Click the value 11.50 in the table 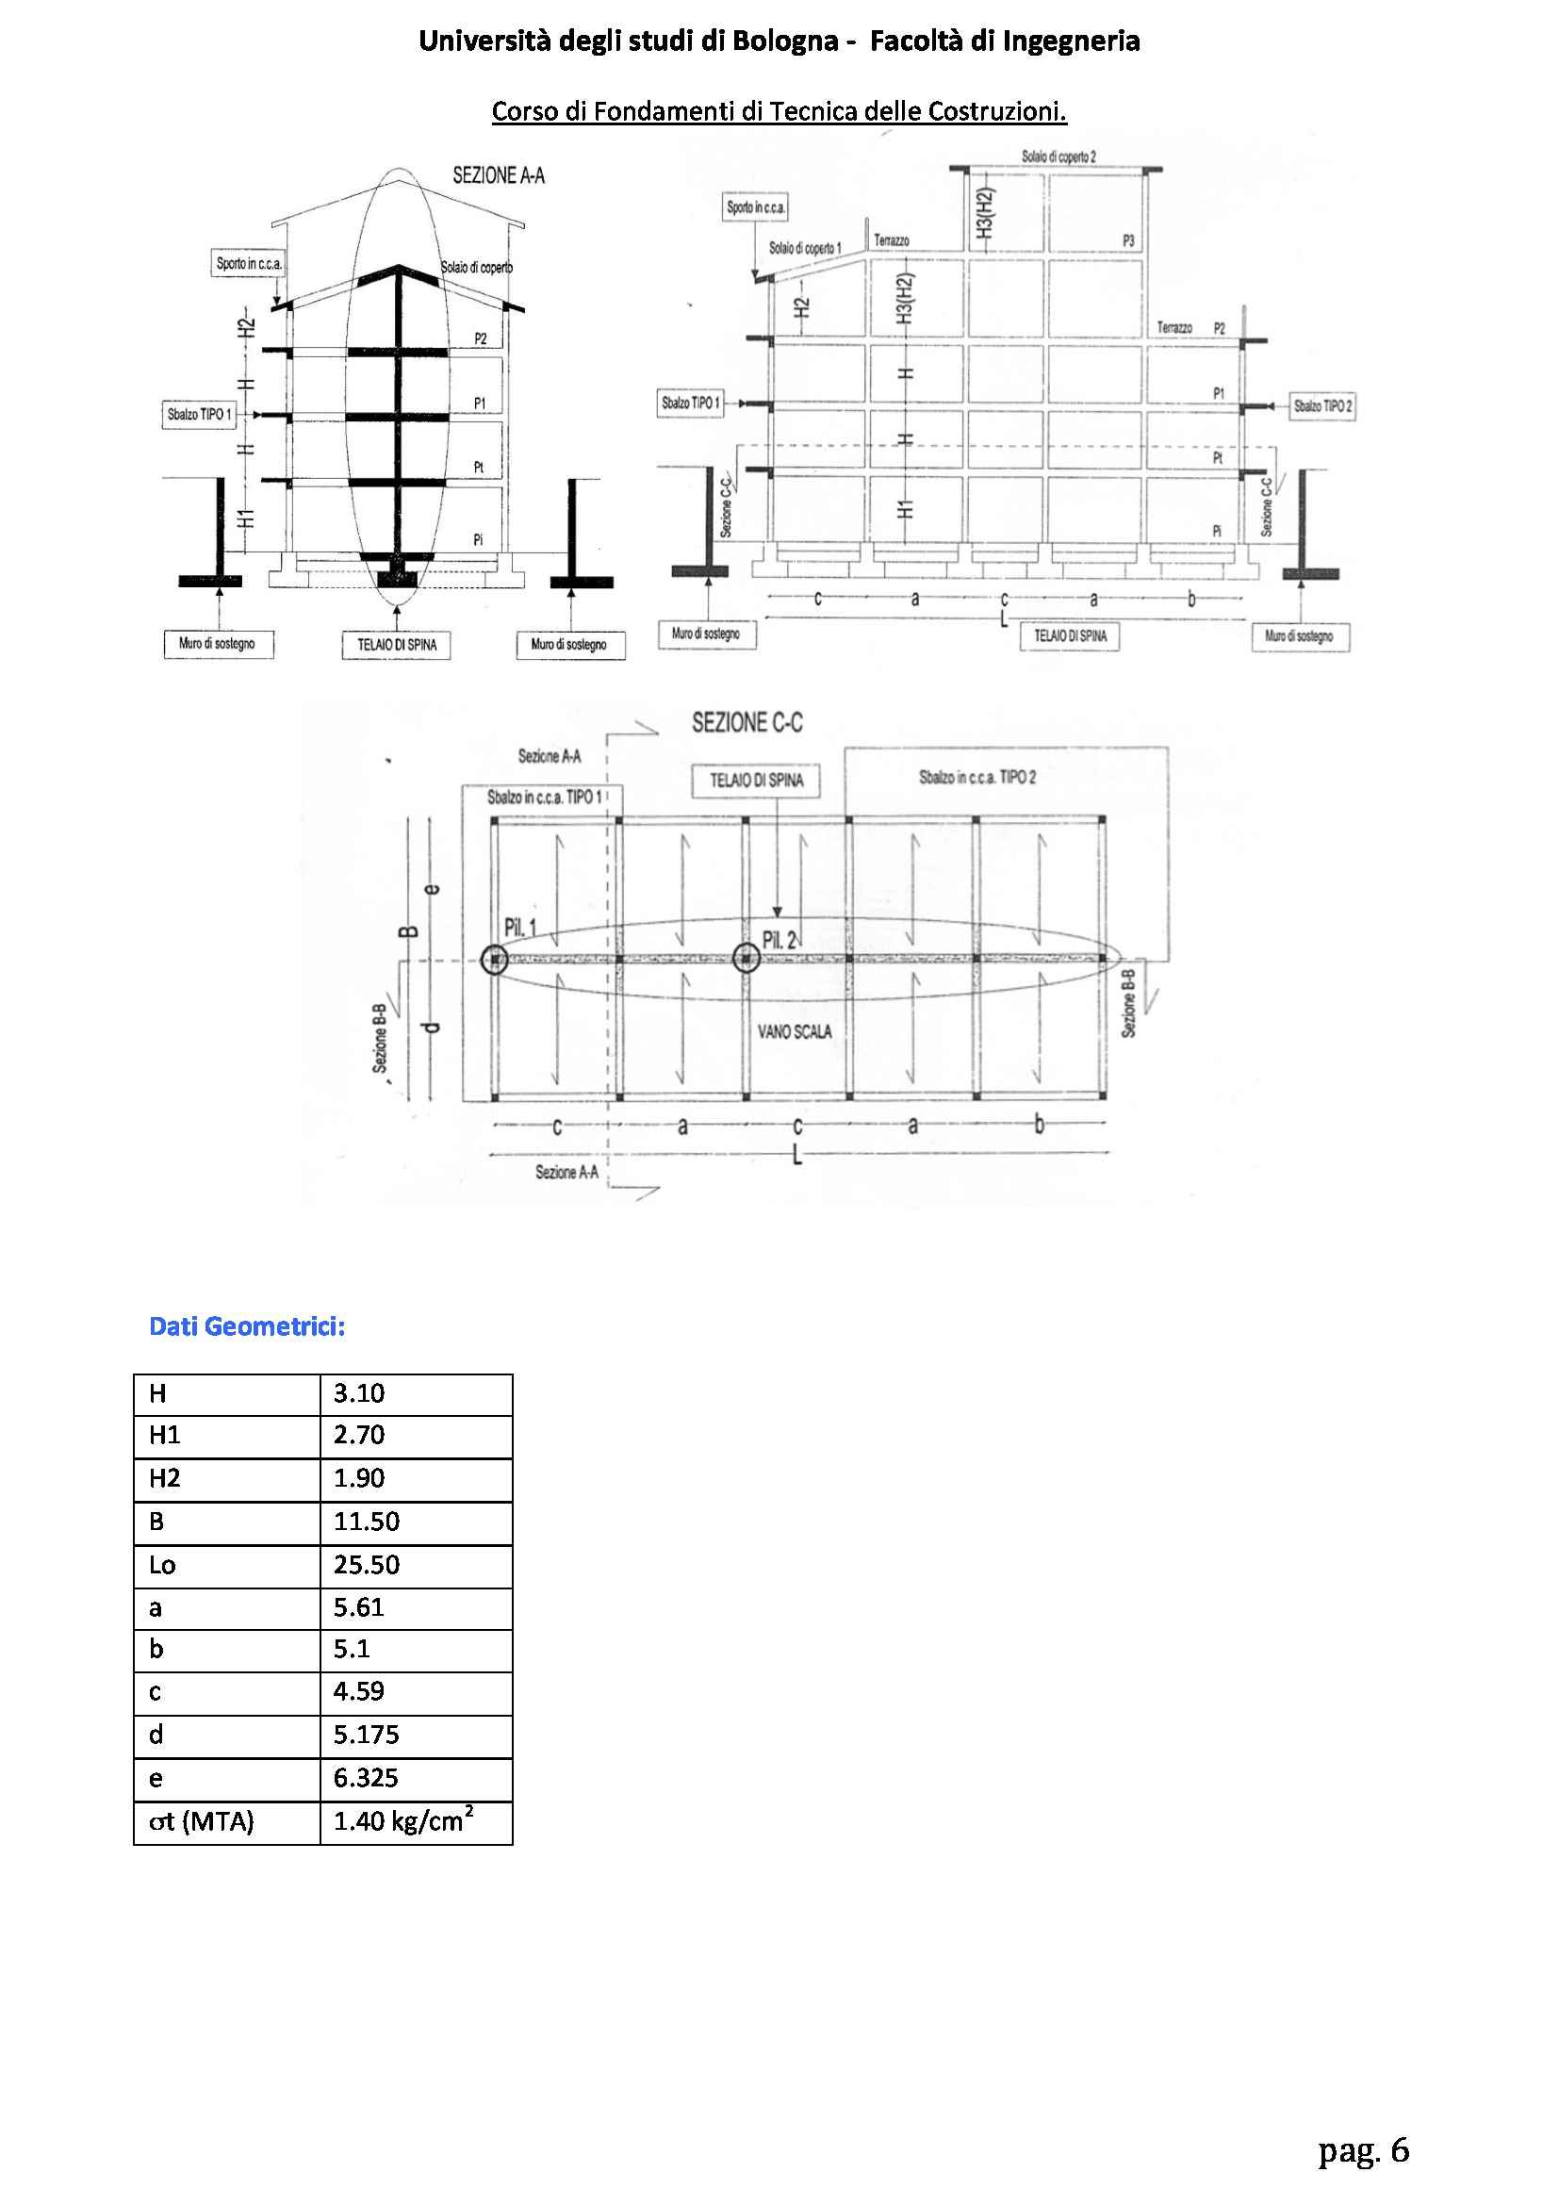click(x=366, y=1522)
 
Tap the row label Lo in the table click(x=162, y=1565)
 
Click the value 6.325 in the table click(x=366, y=1778)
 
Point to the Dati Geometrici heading click(x=247, y=1326)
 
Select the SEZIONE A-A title click(x=499, y=175)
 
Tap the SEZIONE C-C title click(x=747, y=722)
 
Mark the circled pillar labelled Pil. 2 click(x=747, y=958)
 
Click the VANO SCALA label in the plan click(x=795, y=1031)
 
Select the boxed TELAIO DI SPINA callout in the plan click(x=757, y=781)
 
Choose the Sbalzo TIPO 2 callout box click(x=1322, y=406)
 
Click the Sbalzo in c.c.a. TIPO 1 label click(x=544, y=798)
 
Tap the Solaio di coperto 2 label click(x=1058, y=156)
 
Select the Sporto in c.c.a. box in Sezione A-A click(x=250, y=263)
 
